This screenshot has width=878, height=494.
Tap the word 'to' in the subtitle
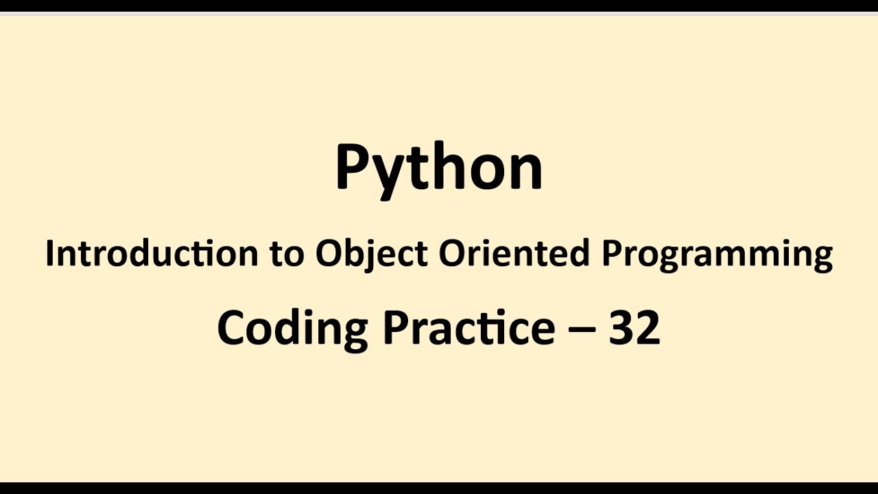pos(286,254)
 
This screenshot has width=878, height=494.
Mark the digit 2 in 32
pos(647,327)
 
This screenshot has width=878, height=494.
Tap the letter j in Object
pos(374,257)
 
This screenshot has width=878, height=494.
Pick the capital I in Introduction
pos(50,254)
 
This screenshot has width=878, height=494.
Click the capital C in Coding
pos(232,327)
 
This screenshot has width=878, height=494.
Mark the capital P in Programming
pos(610,254)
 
